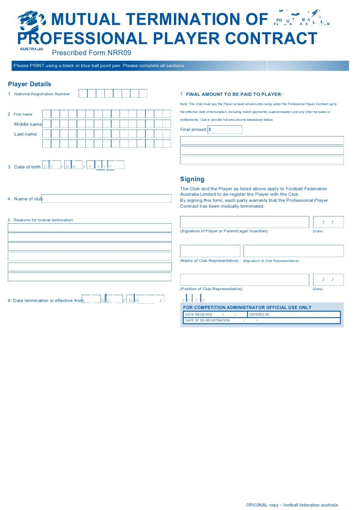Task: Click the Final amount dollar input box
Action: pos(225,130)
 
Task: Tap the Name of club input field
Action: pos(107,199)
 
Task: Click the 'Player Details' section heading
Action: pos(30,84)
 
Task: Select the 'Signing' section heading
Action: pos(192,180)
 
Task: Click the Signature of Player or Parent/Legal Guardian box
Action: pos(244,222)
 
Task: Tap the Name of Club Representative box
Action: pos(210,251)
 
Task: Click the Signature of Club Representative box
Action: pos(293,251)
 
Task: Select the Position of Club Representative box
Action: pos(244,280)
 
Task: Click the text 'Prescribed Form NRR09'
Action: pos(92,53)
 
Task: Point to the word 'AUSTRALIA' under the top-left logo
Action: pos(31,49)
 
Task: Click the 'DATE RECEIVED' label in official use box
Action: pos(199,314)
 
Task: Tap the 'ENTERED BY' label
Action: pos(260,314)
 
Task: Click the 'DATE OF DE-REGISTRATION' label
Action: pos(208,320)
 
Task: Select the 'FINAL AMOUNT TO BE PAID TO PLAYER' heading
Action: pos(234,94)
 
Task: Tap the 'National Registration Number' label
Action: pos(42,94)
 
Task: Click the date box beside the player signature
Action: pos(328,222)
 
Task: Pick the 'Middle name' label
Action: pos(28,124)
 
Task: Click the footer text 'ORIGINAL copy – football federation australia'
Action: pos(292,505)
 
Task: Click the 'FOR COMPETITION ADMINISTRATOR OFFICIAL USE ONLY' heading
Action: pos(247,308)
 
